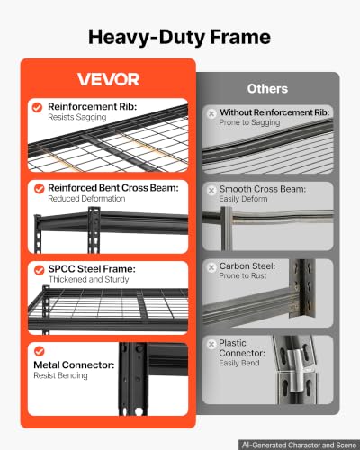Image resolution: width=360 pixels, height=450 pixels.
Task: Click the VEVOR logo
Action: click(x=108, y=79)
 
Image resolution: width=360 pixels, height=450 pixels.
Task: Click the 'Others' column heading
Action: click(x=267, y=89)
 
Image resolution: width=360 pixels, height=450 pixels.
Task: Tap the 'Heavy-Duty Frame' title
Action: click(x=179, y=37)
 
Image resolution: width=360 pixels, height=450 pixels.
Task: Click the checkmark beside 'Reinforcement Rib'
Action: click(x=37, y=107)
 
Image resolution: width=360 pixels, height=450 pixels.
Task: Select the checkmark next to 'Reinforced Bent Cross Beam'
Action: click(x=40, y=189)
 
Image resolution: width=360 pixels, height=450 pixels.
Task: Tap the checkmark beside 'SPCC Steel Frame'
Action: click(x=40, y=270)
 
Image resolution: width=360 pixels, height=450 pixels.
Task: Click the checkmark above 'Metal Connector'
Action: click(x=40, y=351)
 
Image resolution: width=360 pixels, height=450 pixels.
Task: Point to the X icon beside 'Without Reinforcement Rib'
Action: click(x=211, y=113)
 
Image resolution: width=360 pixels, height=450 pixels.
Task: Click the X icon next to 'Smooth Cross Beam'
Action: click(x=211, y=190)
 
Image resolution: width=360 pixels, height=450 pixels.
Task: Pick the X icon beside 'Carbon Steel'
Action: click(x=211, y=267)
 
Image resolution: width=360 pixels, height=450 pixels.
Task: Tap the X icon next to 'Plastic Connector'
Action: click(x=211, y=344)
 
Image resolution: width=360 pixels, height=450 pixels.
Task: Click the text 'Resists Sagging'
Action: click(x=77, y=117)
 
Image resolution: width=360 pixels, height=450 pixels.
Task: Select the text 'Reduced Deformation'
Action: click(x=86, y=199)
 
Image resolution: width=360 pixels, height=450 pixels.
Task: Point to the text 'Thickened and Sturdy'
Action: click(x=88, y=280)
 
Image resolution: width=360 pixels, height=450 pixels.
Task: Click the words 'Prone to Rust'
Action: click(x=243, y=275)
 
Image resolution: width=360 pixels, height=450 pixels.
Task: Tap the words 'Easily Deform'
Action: click(x=243, y=199)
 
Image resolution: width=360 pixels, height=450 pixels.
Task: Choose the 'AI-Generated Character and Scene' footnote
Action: click(x=299, y=445)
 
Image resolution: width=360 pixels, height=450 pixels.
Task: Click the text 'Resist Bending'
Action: click(x=60, y=375)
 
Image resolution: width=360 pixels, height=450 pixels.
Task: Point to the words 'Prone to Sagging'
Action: click(x=249, y=122)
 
